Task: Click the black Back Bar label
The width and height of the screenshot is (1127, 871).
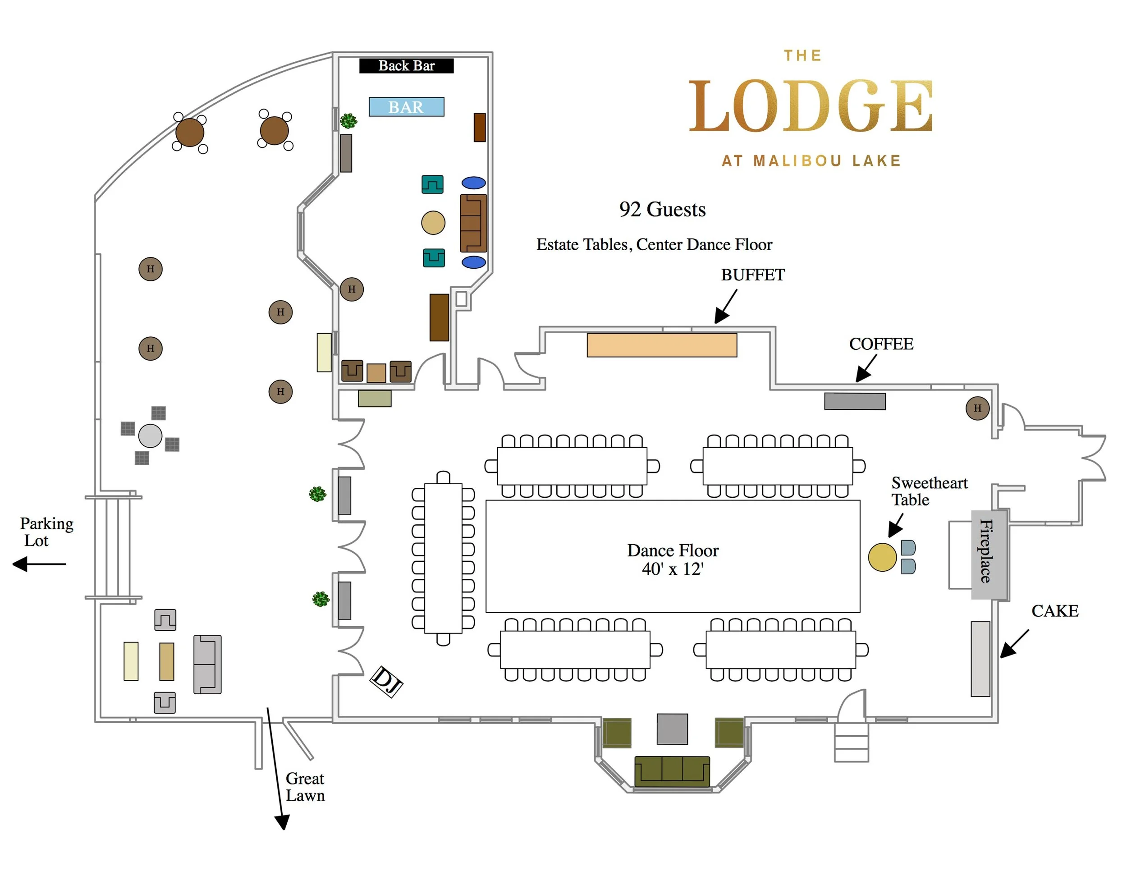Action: [406, 65]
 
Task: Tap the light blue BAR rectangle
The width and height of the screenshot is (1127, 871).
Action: [406, 107]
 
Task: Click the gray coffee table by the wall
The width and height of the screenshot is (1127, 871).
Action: [855, 401]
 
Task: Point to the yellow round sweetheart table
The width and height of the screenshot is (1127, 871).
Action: [882, 557]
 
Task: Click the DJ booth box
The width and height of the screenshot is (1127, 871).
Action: [386, 681]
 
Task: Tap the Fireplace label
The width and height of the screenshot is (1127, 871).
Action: [986, 551]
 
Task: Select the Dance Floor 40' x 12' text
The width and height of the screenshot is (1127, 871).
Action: [673, 559]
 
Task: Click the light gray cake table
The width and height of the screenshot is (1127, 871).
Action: [980, 659]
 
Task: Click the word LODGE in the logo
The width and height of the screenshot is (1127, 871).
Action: [811, 106]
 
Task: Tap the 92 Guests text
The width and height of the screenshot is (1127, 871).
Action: [662, 210]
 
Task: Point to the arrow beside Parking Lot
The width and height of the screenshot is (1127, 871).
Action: [39, 564]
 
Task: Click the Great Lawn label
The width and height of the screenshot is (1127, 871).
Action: [305, 786]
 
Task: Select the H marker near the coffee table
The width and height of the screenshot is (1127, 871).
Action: [977, 408]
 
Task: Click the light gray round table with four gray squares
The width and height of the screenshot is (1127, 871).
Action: [150, 436]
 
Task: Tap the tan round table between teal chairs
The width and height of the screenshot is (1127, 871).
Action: [433, 223]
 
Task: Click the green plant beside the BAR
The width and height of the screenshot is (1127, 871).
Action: [348, 121]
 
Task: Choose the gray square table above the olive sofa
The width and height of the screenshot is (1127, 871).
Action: [672, 729]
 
